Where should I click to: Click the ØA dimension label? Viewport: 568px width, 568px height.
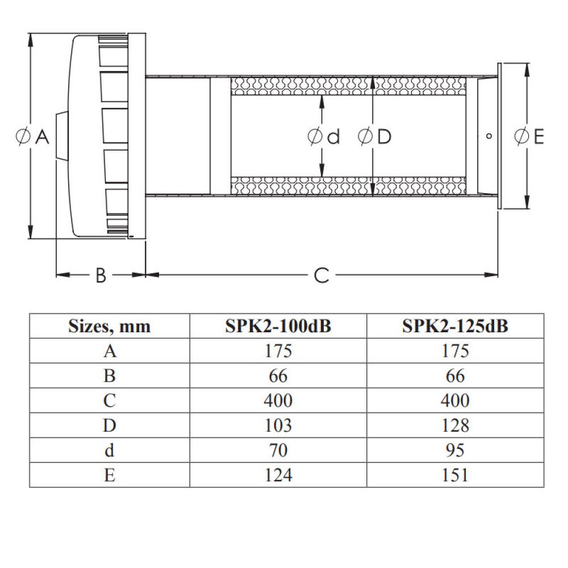(x=34, y=137)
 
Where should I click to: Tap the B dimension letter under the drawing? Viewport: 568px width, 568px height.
(x=101, y=275)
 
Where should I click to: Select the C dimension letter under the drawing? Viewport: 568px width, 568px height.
(x=321, y=275)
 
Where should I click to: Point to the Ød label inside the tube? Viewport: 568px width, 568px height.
(x=323, y=137)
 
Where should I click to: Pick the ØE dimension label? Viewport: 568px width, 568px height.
(x=529, y=136)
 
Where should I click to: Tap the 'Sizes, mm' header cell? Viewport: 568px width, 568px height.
(x=110, y=327)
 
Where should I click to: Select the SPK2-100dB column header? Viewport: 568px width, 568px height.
(x=278, y=327)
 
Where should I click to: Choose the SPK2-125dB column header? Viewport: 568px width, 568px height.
(x=455, y=327)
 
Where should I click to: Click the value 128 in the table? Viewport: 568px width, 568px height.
(x=455, y=425)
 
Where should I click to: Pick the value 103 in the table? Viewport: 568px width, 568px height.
(x=278, y=425)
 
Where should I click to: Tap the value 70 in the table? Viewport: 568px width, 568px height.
(x=278, y=450)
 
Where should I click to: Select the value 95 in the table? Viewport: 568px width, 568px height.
(x=455, y=450)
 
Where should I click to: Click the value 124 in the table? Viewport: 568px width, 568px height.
(x=278, y=474)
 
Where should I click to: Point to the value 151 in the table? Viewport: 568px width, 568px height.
(x=455, y=474)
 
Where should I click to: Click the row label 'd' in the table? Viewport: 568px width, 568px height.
(x=110, y=450)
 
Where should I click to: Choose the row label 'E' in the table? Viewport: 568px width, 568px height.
(x=110, y=474)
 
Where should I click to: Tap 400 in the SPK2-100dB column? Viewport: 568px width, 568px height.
(x=278, y=400)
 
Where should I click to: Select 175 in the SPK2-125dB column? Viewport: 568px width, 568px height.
(x=455, y=351)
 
